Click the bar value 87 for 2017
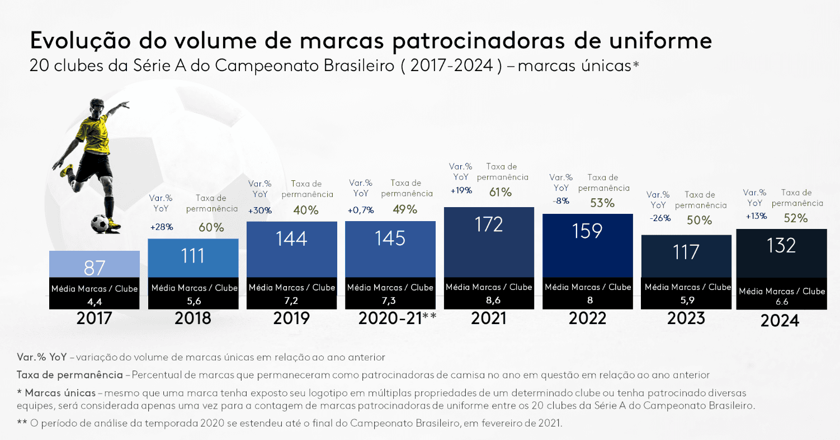(x=95, y=268)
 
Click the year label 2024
(x=780, y=321)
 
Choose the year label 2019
(x=291, y=319)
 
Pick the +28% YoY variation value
(x=161, y=227)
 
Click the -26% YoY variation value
(x=660, y=218)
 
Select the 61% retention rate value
(x=501, y=192)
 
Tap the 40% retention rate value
(x=306, y=210)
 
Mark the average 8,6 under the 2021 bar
(x=489, y=300)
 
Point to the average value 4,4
(x=95, y=301)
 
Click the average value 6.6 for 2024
(x=781, y=302)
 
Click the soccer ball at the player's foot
(x=100, y=223)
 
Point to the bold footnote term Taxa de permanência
(x=69, y=375)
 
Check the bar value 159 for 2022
(x=587, y=231)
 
